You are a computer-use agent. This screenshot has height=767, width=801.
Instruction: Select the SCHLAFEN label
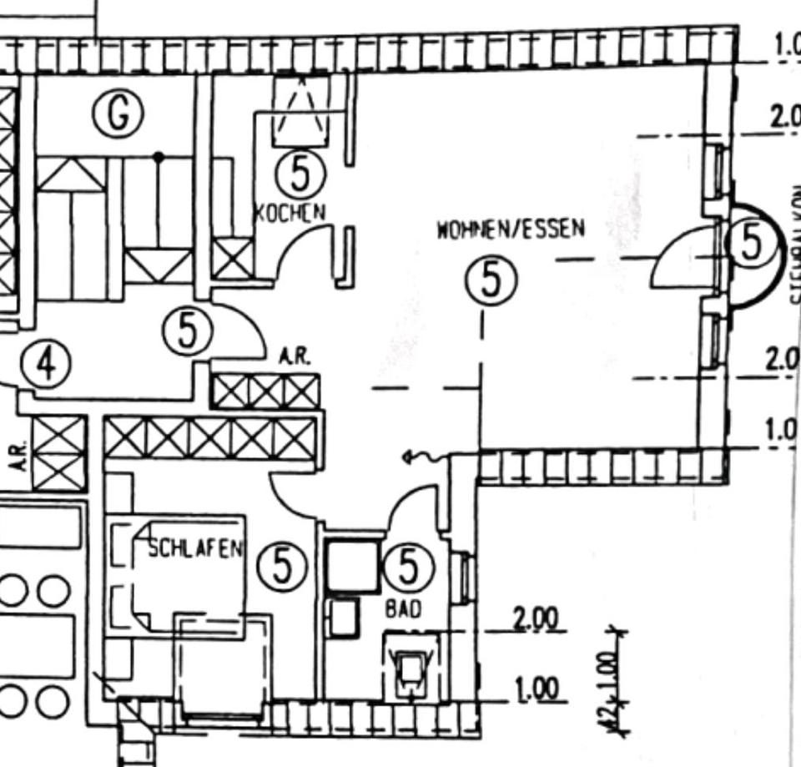[x=196, y=548]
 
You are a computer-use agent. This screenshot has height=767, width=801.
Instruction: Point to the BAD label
[x=402, y=609]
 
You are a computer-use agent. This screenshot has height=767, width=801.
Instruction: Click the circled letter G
[x=118, y=114]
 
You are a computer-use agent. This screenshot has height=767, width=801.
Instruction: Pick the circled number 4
[x=47, y=365]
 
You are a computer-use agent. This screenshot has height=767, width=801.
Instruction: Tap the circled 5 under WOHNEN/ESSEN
[x=491, y=280]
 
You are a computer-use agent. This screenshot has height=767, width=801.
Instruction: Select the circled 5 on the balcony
[x=752, y=244]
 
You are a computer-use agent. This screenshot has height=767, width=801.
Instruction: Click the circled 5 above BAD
[x=407, y=568]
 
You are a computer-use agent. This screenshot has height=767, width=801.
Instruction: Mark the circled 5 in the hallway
[x=188, y=331]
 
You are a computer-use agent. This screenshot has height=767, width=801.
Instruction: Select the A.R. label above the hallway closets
[x=295, y=357]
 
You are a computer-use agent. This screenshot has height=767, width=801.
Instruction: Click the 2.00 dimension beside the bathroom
[x=536, y=619]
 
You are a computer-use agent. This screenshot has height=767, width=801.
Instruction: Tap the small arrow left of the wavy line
[x=407, y=457]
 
